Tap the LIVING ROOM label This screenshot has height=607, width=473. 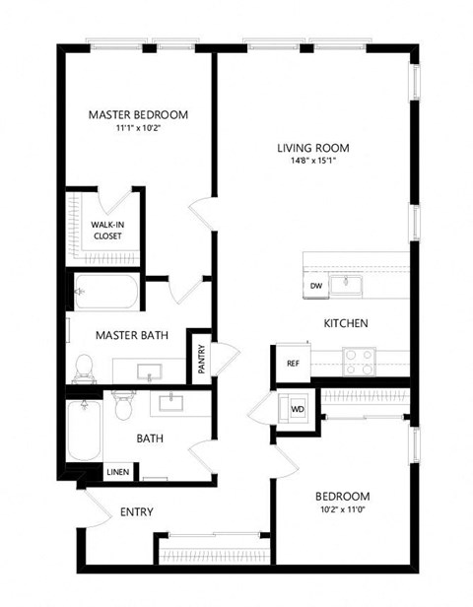click(x=313, y=150)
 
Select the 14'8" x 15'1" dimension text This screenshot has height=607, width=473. click(x=313, y=163)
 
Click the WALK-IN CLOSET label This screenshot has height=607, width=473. click(x=108, y=230)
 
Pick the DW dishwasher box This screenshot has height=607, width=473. click(x=316, y=286)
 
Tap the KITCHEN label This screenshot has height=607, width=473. click(x=346, y=323)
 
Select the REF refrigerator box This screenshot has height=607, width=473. click(x=293, y=364)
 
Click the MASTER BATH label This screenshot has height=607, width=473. click(x=131, y=335)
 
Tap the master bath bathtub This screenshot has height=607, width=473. click(x=106, y=292)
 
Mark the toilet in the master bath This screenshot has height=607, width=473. click(x=85, y=365)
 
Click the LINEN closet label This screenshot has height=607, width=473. click(x=116, y=473)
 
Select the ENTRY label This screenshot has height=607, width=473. click(x=137, y=511)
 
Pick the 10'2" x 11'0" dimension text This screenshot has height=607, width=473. click(x=341, y=508)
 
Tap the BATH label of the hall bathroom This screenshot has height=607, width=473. click(x=150, y=438)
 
